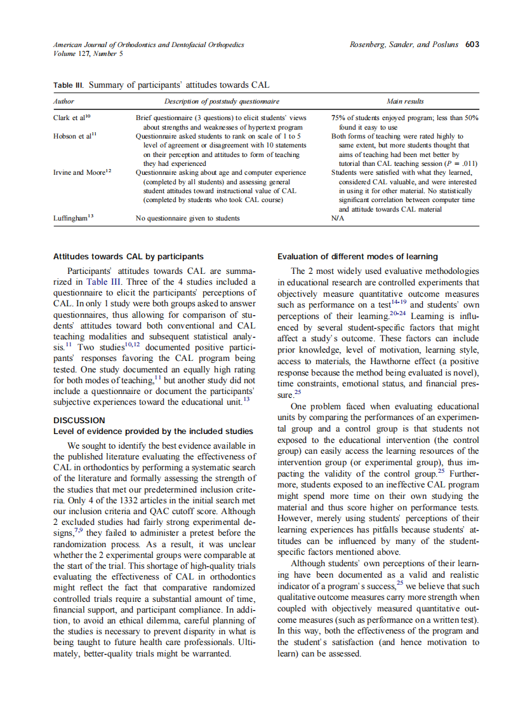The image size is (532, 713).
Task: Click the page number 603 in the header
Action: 472,44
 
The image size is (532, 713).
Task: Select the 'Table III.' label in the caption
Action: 69,85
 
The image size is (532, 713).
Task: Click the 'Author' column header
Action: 63,101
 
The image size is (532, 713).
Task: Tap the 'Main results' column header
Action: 405,101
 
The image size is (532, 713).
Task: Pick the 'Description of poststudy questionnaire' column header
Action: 222,101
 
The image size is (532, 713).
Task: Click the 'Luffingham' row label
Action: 73,218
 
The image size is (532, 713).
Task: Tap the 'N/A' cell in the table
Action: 338,218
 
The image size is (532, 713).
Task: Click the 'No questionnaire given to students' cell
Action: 188,218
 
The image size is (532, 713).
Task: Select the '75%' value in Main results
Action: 338,118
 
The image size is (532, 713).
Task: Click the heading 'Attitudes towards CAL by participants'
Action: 128,257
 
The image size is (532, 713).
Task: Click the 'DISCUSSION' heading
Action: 79,420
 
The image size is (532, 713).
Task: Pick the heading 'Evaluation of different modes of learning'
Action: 357,257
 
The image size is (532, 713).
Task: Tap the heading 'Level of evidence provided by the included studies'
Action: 153,432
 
